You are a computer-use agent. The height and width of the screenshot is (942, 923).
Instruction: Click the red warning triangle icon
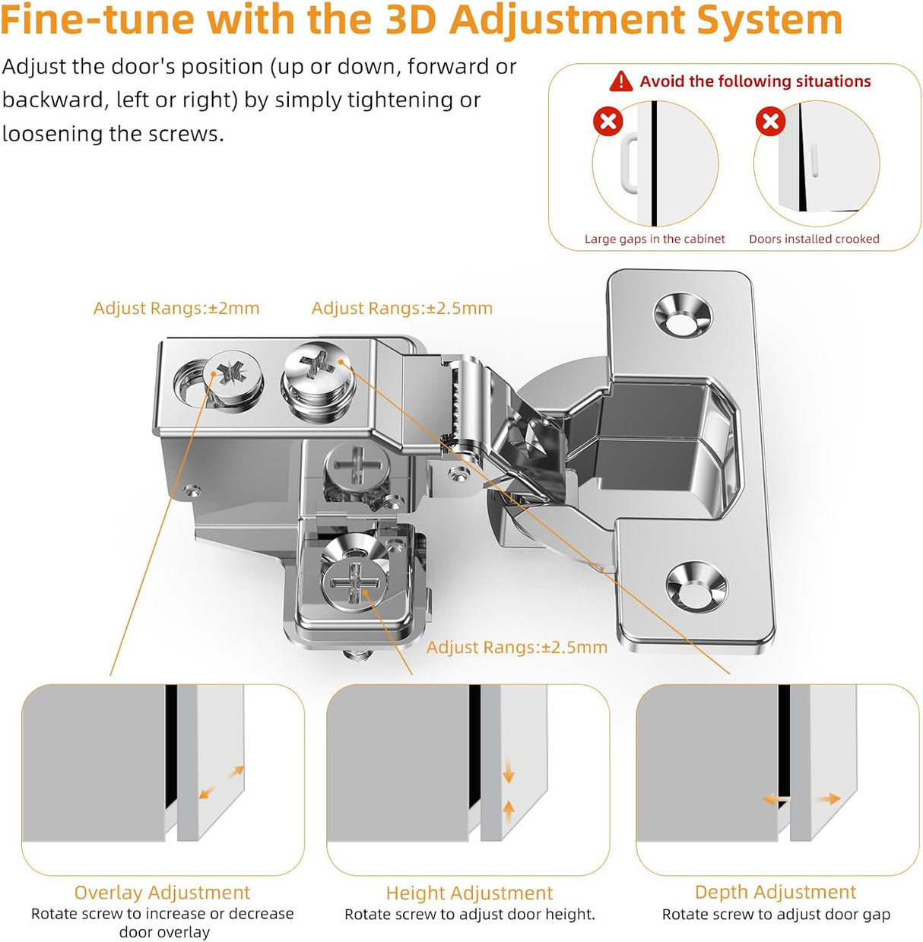click(621, 81)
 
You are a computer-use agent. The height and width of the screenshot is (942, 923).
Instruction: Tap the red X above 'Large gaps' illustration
click(607, 121)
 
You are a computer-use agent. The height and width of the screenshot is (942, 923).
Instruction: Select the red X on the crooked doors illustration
click(770, 121)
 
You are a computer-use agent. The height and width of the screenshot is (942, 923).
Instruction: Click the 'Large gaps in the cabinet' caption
click(655, 239)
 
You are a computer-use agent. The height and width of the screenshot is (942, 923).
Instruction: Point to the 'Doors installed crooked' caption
click(814, 239)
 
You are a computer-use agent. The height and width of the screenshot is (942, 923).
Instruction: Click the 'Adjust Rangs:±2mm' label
click(176, 308)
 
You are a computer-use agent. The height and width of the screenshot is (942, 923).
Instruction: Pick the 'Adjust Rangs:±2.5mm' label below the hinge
click(516, 647)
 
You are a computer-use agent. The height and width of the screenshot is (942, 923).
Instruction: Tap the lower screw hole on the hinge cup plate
click(696, 585)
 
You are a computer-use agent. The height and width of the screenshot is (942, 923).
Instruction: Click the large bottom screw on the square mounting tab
click(354, 581)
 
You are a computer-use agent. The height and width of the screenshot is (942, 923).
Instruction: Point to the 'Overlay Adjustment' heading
click(162, 892)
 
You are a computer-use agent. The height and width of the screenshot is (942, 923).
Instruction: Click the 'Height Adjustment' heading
click(469, 893)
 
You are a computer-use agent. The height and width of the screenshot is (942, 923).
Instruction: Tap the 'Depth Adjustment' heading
click(775, 892)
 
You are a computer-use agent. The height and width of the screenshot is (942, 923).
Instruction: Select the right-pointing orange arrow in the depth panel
click(828, 798)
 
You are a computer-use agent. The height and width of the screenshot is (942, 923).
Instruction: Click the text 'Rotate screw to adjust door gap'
click(776, 914)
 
